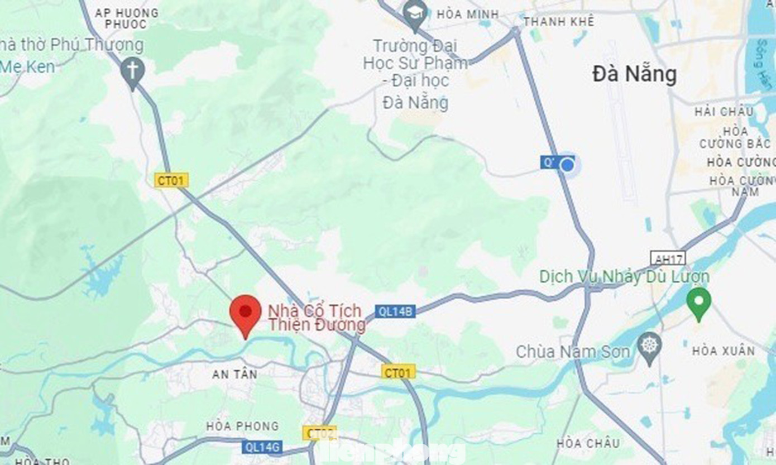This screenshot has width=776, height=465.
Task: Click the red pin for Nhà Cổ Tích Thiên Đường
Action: (x=246, y=311)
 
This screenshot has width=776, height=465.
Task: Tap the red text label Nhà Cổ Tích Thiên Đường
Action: (x=317, y=318)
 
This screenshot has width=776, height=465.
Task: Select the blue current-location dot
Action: (x=567, y=165)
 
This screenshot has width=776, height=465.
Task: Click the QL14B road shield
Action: (x=395, y=311)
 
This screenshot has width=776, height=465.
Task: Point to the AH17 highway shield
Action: (x=668, y=258)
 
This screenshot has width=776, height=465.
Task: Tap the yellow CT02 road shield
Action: (x=319, y=433)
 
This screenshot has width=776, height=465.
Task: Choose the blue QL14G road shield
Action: (x=262, y=447)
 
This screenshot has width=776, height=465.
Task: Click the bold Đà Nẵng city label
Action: (x=634, y=75)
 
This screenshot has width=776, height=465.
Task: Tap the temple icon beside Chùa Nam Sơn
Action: (x=649, y=347)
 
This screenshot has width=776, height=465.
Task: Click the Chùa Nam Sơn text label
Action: (x=573, y=352)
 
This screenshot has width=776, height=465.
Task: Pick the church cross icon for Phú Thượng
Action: (x=133, y=71)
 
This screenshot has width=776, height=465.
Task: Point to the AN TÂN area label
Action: (x=234, y=375)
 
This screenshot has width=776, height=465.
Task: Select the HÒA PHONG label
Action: (x=242, y=426)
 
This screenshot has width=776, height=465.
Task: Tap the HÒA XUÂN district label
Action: (x=723, y=351)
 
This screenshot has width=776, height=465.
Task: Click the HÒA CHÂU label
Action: (x=588, y=443)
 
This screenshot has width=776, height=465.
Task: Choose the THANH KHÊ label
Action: (x=558, y=22)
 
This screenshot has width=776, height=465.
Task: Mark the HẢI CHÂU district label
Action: (x=724, y=112)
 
